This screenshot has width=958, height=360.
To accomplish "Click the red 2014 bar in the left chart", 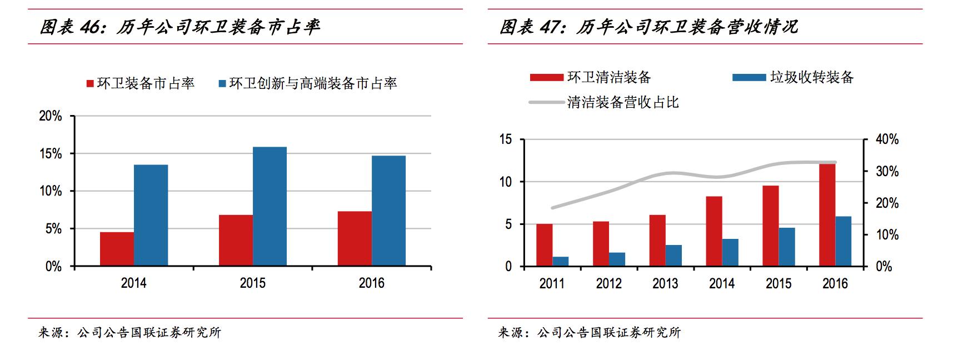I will pos(117,249).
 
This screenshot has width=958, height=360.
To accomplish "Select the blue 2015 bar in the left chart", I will pos(270,206).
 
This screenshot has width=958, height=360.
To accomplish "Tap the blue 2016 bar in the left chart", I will pos(388,211).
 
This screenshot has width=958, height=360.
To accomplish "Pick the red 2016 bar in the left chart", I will pos(355,238).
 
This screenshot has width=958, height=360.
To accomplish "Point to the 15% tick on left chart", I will pos(51,154).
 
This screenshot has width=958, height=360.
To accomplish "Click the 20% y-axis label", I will pos(51,116).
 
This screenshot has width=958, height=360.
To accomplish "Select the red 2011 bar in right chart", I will pos(544,245).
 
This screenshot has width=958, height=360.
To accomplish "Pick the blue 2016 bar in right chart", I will pos(843,241).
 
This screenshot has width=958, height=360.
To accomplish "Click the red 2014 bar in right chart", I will pos(713,231).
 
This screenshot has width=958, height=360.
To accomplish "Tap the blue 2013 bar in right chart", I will pos(673,256).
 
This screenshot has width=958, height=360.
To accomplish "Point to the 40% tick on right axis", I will pos(887,139).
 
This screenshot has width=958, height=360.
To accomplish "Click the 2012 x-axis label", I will pos(608,283).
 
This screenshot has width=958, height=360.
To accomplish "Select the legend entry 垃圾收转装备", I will pos(811,77).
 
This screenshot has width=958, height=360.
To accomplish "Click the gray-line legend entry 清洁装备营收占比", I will pos(622,102).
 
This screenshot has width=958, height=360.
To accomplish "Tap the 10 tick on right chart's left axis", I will pos(506,182).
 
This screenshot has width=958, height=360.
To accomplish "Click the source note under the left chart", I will pos(129,333).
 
